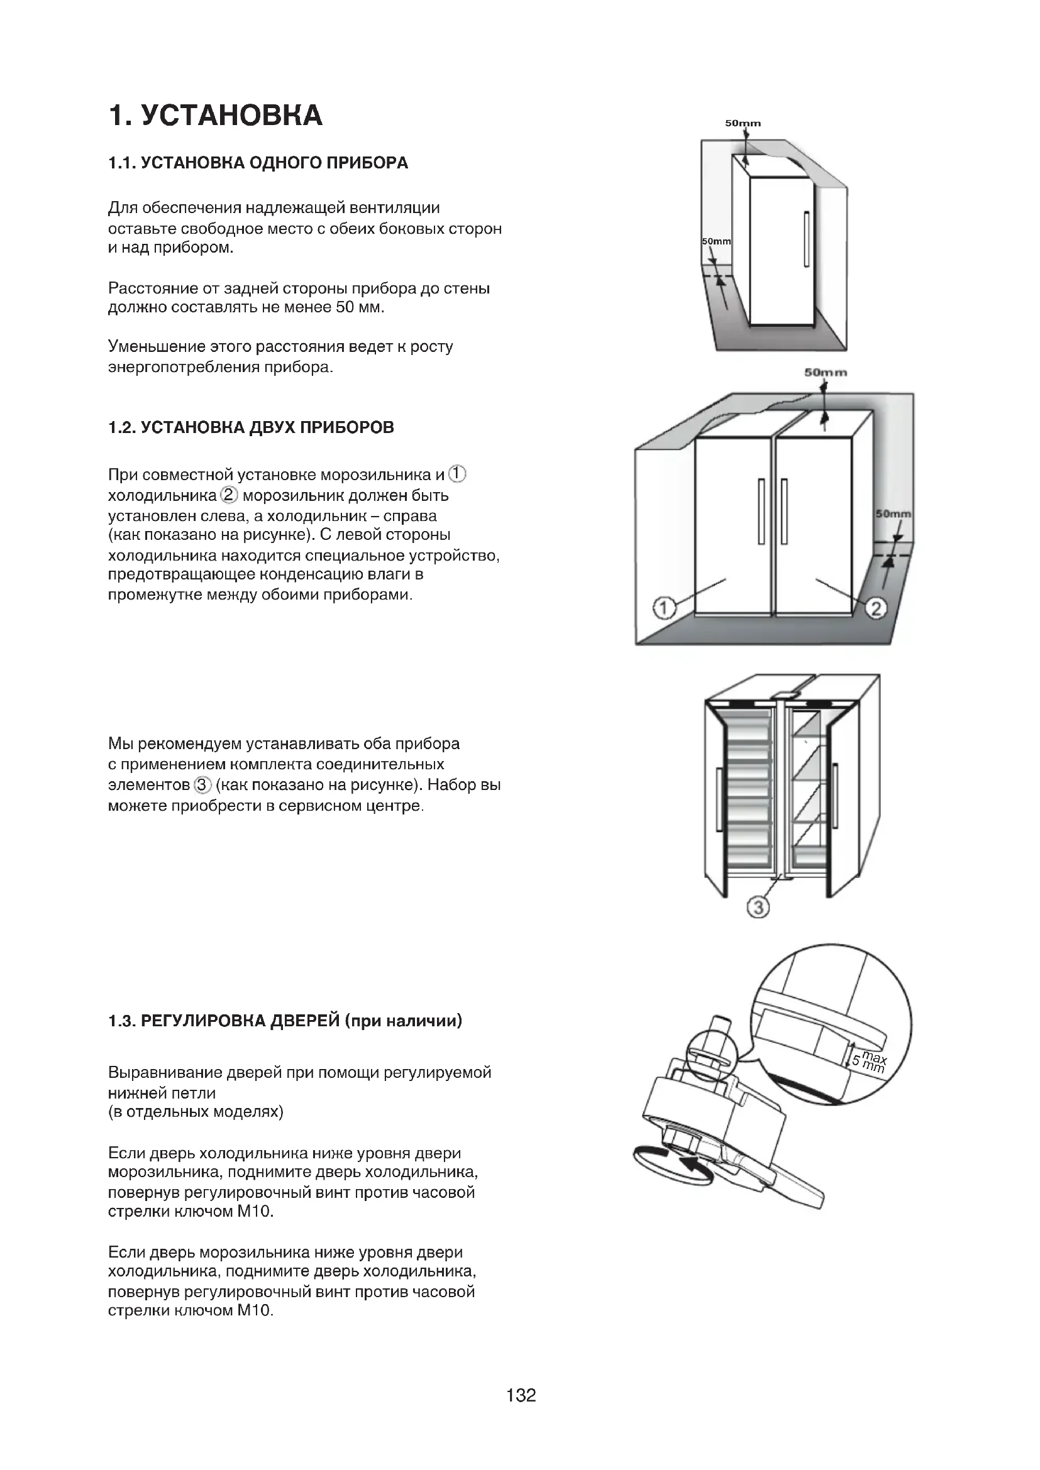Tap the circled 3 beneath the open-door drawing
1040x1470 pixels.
[x=758, y=908]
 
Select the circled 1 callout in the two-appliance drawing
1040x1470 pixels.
[x=664, y=607]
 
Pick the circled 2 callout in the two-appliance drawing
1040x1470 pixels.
[x=876, y=608]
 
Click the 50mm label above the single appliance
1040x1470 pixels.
[x=743, y=123]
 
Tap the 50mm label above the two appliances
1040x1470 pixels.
[x=826, y=372]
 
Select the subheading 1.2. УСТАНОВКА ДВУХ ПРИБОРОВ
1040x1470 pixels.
[x=251, y=428]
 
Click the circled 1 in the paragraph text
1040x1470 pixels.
[x=457, y=474]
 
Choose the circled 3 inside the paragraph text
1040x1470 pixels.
[x=202, y=784]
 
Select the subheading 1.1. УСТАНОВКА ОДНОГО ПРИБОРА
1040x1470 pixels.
[x=258, y=163]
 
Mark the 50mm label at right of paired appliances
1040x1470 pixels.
[x=893, y=513]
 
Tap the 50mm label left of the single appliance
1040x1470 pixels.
[x=716, y=241]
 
